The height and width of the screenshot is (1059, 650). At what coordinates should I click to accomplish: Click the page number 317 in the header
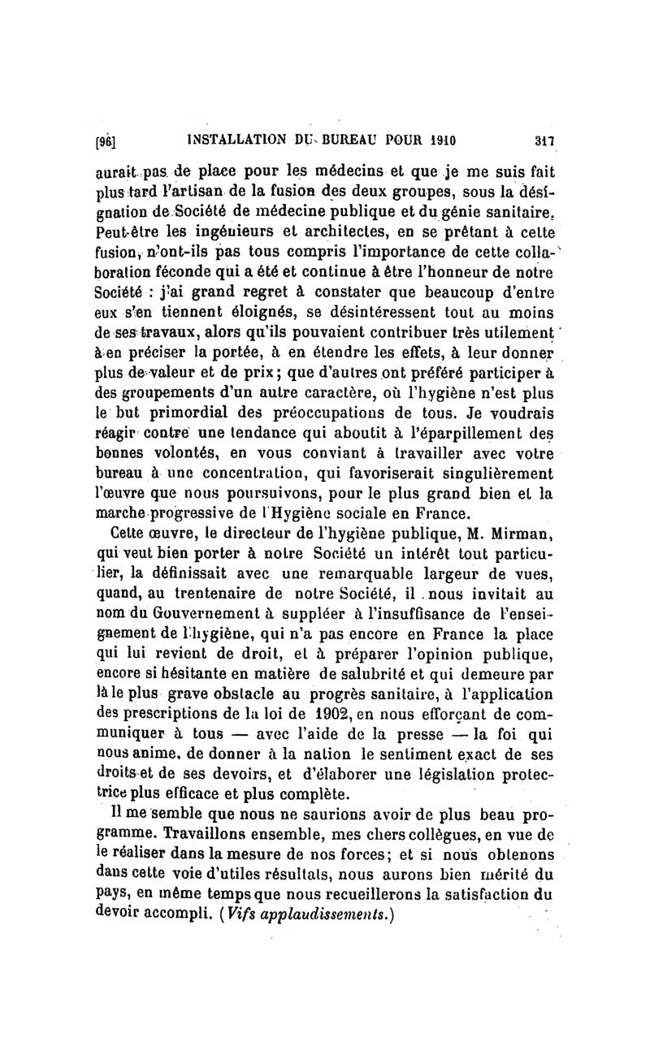point(544,140)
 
